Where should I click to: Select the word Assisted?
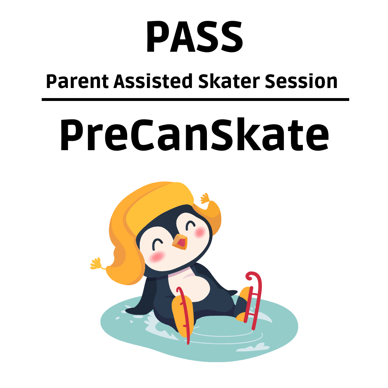tap(153, 81)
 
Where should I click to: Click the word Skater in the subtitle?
tap(229, 81)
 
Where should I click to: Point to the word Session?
tap(301, 81)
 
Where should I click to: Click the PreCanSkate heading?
tap(194, 135)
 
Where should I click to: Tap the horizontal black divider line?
tap(195, 100)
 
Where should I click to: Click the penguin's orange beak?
tap(180, 242)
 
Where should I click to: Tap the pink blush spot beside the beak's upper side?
tap(199, 232)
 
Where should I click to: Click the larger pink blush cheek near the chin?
tap(157, 257)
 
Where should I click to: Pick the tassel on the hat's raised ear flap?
tap(205, 198)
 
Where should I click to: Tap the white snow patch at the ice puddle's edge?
tap(253, 347)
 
